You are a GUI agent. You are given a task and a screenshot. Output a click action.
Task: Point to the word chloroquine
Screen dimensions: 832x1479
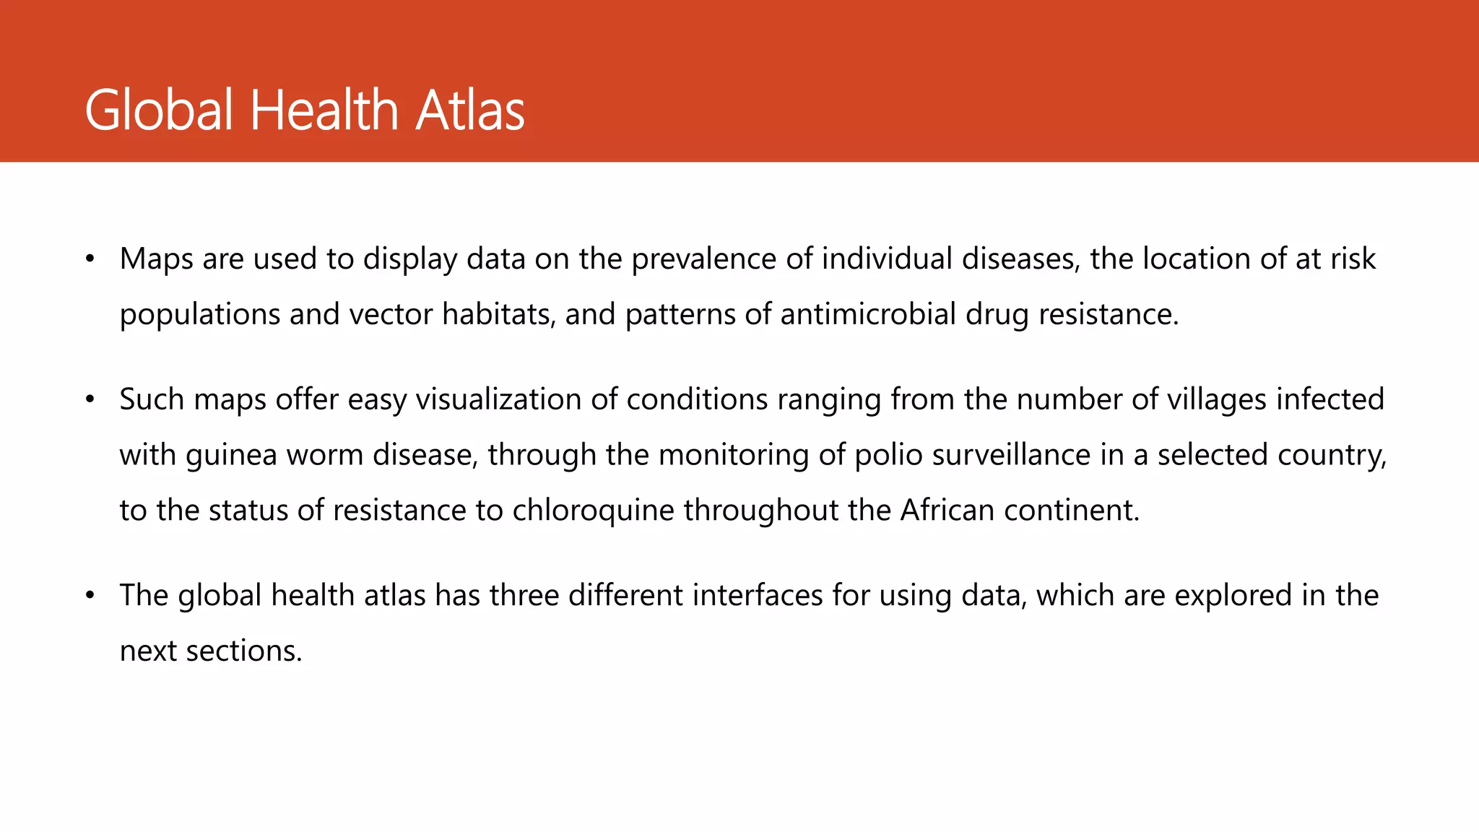pyautogui.click(x=594, y=511)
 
